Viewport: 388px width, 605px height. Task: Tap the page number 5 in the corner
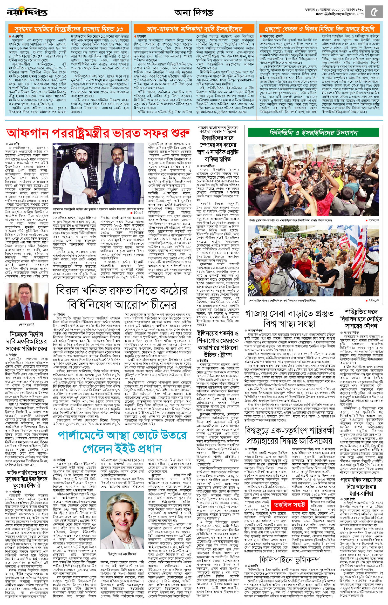pyautogui.click(x=376, y=11)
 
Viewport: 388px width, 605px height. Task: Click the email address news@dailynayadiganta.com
pyautogui.click(x=339, y=14)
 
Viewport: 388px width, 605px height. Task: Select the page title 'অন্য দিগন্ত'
pyautogui.click(x=193, y=12)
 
